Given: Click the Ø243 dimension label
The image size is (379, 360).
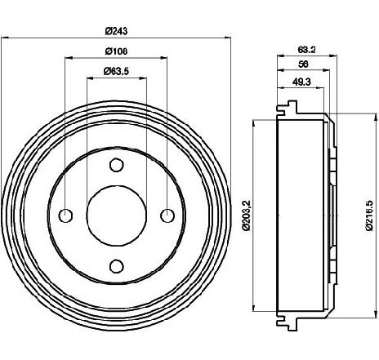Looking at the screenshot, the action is pos(116,31).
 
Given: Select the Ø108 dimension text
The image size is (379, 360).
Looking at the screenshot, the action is pos(116,51).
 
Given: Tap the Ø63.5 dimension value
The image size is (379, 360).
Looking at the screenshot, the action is pos(116,71).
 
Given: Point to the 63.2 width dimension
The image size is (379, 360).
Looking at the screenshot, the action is pos(306,50).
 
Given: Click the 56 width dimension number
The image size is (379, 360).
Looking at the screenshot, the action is pos(303,64).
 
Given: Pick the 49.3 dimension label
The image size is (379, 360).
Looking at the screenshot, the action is pos(301,82).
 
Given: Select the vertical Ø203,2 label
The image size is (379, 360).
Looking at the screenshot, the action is pos(246,216).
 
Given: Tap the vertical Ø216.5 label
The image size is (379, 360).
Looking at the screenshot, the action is pos(369,216).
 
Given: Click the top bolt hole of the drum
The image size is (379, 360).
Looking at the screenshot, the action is pos(117,165).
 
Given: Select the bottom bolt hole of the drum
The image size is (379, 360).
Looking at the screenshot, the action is pos(117,266).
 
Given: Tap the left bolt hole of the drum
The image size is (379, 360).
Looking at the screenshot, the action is pos(65,216).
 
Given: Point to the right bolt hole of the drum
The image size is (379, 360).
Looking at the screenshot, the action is pos(167,216).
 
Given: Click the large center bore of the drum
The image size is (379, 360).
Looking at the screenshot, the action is pos(117,216).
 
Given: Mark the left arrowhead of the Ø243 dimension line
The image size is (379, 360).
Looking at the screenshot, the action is pos(5,38).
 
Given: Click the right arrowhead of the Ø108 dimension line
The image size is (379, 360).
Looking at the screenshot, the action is pos(163,58).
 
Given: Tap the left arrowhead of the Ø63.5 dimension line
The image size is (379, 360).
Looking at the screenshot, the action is pos(90,78).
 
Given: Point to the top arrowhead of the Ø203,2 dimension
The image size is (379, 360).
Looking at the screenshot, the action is pos(254,124).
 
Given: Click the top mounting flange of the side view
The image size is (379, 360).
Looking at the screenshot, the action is pos(287,108).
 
